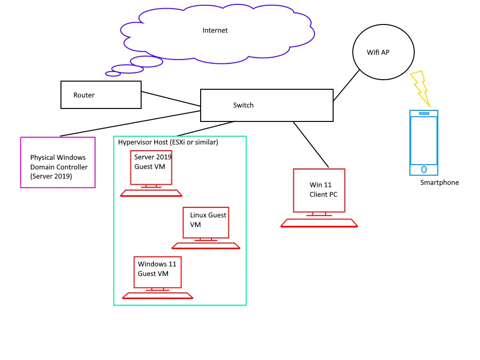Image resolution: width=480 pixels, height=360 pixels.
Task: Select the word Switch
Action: point(243,105)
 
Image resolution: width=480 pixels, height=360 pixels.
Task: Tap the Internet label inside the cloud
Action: point(215,30)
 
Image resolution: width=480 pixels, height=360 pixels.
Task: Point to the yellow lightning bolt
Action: point(421,89)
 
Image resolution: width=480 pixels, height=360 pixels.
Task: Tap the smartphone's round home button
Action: point(424,169)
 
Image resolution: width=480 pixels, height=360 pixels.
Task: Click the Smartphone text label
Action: point(440,182)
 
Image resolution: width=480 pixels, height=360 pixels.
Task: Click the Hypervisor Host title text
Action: point(168,142)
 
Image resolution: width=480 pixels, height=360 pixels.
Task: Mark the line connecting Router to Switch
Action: point(171,99)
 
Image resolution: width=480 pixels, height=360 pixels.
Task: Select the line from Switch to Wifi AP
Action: point(346,85)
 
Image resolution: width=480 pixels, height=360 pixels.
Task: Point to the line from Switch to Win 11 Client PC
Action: point(311,144)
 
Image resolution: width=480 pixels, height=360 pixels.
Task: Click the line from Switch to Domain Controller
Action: point(131,123)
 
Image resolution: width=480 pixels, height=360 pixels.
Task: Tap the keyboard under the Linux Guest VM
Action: point(206,246)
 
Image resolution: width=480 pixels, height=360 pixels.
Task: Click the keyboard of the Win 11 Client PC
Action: point(319,223)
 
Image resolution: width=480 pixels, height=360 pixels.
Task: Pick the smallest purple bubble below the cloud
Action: point(113,74)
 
